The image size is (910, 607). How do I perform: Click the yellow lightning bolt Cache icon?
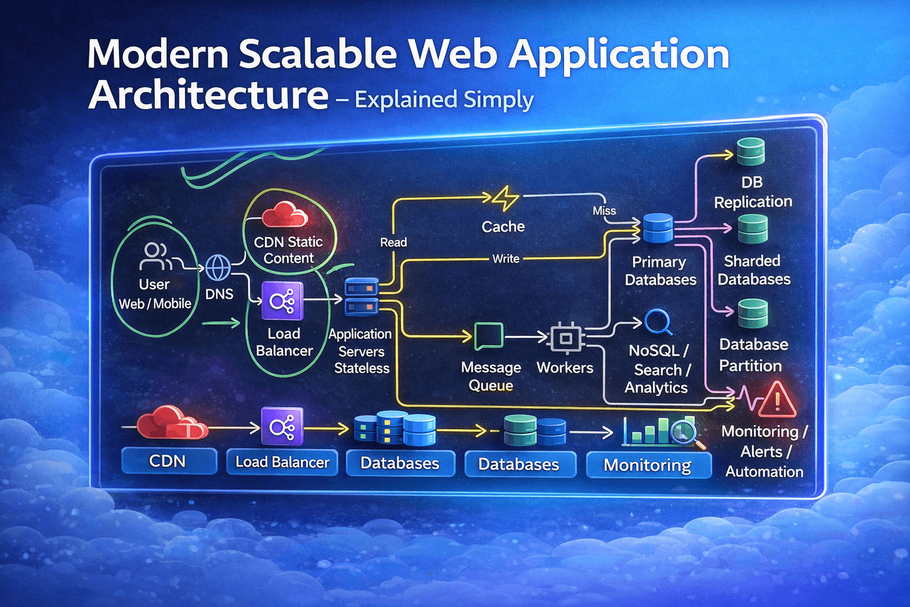(x=505, y=199)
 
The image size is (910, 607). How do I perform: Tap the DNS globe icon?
(x=217, y=267)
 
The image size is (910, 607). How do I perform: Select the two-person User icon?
(x=155, y=256)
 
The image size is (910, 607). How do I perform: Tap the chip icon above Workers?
(x=566, y=338)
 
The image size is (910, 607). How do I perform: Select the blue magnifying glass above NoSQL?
(x=658, y=322)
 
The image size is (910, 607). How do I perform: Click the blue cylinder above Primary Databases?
(x=658, y=229)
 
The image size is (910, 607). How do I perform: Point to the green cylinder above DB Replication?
(x=751, y=152)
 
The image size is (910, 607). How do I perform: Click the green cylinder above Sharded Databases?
(x=752, y=229)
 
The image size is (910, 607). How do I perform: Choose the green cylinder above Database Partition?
(x=752, y=314)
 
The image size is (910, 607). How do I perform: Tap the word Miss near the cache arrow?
(x=604, y=211)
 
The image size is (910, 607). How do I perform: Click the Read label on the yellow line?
(x=393, y=242)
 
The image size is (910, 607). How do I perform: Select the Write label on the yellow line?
(x=506, y=258)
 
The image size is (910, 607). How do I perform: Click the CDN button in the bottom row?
(x=168, y=461)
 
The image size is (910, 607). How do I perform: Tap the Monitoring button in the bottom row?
(x=648, y=465)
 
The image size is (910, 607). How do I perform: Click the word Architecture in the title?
(x=208, y=95)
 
